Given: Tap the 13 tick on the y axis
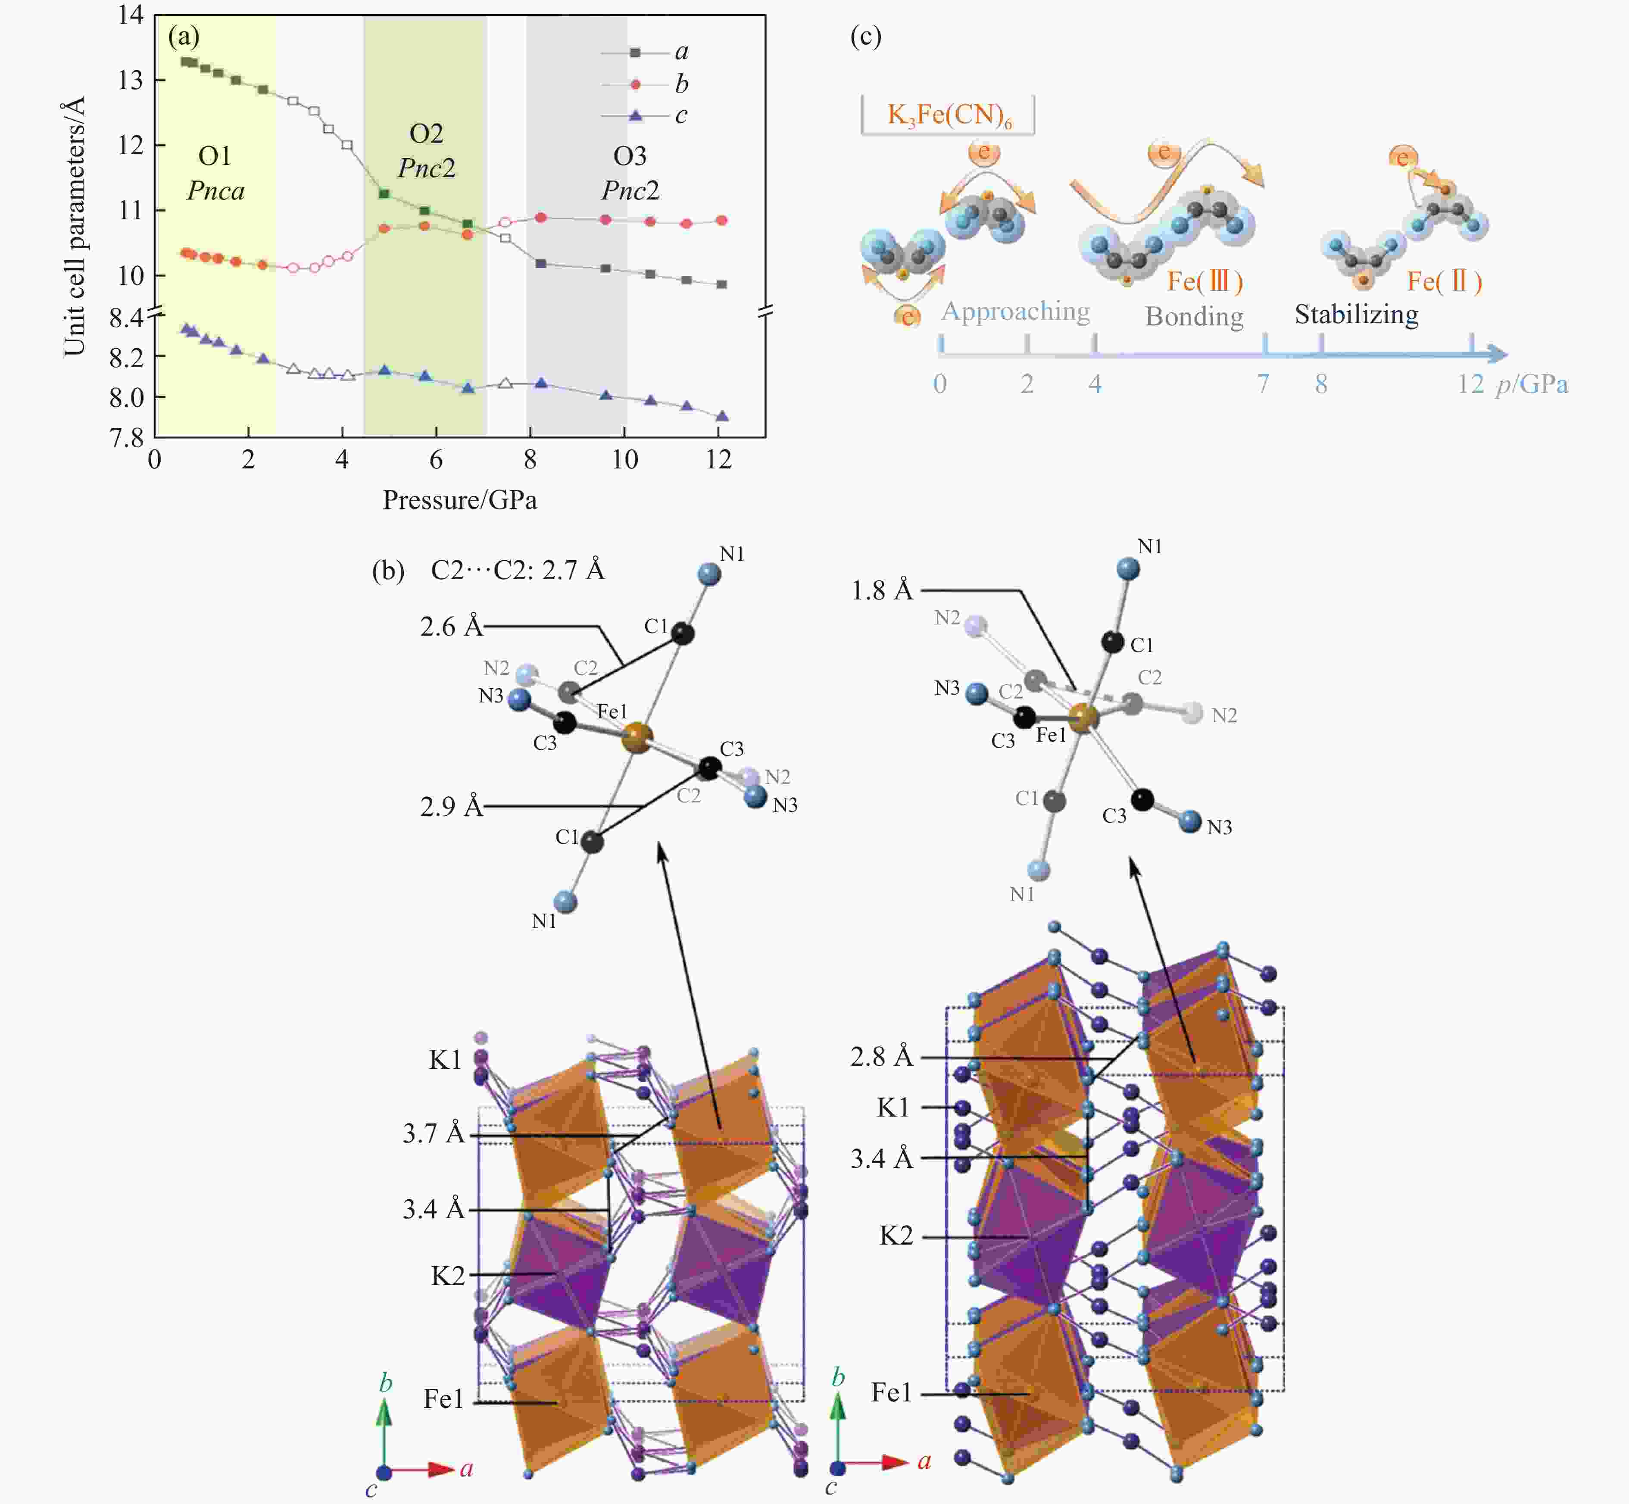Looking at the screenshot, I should tap(130, 80).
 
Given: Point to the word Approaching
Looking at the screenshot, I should tap(1015, 312).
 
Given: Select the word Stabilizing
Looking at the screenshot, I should tap(1356, 314).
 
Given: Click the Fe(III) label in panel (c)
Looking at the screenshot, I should tap(1204, 281).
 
